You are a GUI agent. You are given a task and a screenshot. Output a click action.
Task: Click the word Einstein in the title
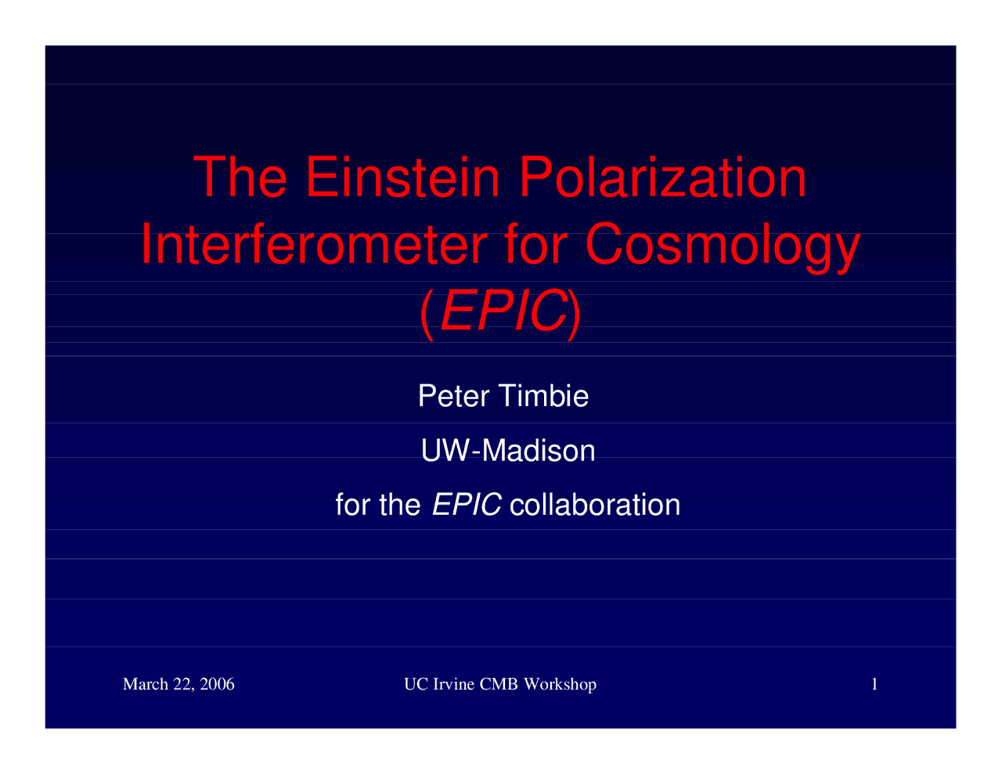[402, 177]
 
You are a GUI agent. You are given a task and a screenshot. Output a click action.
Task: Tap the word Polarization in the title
[662, 177]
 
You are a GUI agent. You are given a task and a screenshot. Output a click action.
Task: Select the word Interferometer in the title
[314, 243]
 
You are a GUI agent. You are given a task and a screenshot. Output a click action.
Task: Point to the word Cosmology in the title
[723, 247]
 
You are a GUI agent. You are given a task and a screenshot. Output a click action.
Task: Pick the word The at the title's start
[240, 177]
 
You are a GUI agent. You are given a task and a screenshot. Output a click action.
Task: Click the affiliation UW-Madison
[508, 450]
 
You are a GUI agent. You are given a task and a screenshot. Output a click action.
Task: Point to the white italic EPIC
[467, 504]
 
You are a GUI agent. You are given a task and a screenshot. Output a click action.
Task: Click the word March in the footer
[146, 684]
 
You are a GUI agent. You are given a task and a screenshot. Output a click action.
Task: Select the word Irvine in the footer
[454, 684]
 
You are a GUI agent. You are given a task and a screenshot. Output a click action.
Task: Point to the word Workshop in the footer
[560, 685]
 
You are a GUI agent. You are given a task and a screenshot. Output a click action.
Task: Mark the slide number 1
[874, 684]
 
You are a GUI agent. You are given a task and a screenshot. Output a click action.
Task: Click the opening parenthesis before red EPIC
[427, 315]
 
